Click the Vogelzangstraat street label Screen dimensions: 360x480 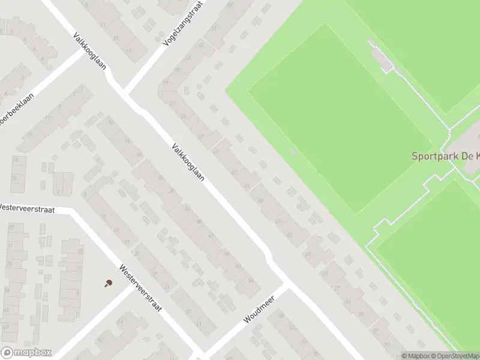183,25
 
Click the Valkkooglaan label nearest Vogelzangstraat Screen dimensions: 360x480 89,50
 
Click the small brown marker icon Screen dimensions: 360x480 109,283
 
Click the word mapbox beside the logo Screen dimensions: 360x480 32,353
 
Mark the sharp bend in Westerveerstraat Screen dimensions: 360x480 75,211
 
